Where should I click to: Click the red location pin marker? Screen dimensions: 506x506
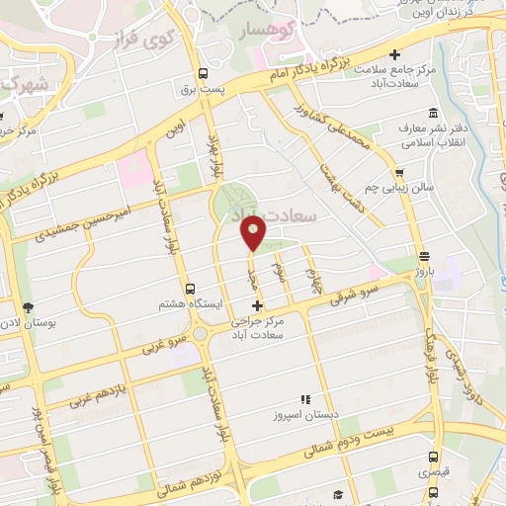[254, 233]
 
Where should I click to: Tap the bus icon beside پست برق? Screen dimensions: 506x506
[204, 74]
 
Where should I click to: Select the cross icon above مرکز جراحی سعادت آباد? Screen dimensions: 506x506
[257, 305]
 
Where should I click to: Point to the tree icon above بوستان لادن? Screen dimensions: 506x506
[28, 307]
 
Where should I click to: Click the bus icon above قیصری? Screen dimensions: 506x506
[434, 457]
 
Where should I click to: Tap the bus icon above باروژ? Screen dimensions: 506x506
[423, 254]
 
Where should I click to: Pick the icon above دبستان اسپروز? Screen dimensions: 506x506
[305, 399]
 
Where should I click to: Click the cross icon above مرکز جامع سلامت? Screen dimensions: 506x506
[395, 54]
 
